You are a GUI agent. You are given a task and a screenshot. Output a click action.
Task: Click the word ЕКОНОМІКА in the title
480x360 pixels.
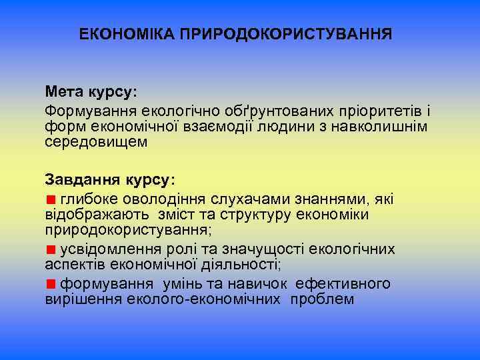tap(126, 33)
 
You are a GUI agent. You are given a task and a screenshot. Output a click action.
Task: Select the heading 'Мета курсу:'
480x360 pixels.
tap(90, 91)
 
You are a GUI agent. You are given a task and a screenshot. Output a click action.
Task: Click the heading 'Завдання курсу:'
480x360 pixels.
tap(111, 179)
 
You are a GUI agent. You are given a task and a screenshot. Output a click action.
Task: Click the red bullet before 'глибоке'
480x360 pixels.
tap(51, 198)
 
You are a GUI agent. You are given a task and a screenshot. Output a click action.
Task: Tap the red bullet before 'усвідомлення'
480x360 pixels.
tap(51, 249)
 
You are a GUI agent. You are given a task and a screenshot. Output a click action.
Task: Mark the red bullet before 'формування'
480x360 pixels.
tap(51, 284)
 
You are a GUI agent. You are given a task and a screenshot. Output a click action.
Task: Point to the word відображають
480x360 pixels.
tap(99, 215)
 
